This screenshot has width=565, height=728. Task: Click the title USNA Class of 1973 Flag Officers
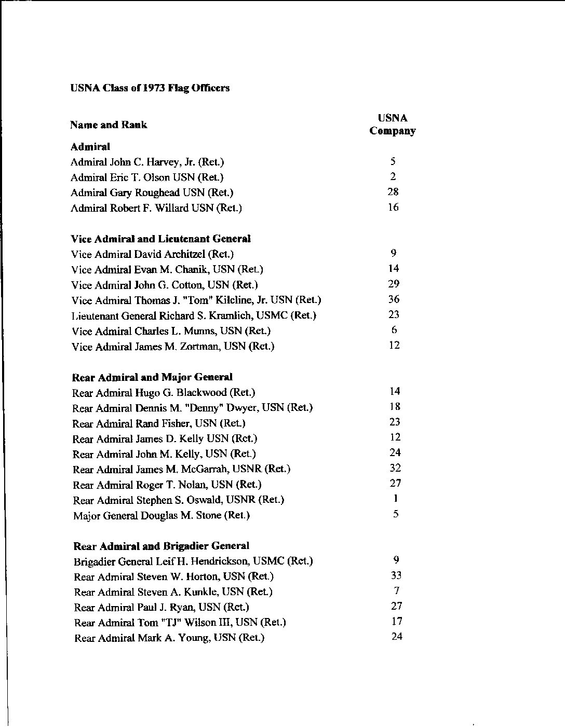[150, 88]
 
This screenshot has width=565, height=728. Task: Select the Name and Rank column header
[109, 125]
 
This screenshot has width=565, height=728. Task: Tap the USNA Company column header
[393, 125]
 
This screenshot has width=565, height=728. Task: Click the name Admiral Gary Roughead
[152, 193]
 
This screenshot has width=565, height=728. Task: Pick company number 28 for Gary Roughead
[393, 192]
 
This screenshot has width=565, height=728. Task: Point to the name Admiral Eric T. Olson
[147, 177]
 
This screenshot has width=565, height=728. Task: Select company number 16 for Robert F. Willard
[393, 208]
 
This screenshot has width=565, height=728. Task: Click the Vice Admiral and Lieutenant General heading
[161, 239]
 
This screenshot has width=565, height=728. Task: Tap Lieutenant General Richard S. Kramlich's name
[194, 315]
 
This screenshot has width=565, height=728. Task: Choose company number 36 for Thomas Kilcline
[394, 299]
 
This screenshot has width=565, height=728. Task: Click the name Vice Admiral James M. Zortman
[173, 346]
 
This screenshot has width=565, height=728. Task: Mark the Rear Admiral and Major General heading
[152, 377]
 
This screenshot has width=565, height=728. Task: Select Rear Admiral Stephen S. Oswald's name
[179, 500]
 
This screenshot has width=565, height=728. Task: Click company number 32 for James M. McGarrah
[395, 468]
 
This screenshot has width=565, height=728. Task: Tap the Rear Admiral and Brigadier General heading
[162, 546]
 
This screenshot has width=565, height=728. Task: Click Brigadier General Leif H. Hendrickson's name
[193, 561]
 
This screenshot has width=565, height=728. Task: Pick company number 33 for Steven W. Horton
[396, 575]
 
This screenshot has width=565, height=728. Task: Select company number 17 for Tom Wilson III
[396, 621]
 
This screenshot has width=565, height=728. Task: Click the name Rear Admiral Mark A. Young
[169, 638]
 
